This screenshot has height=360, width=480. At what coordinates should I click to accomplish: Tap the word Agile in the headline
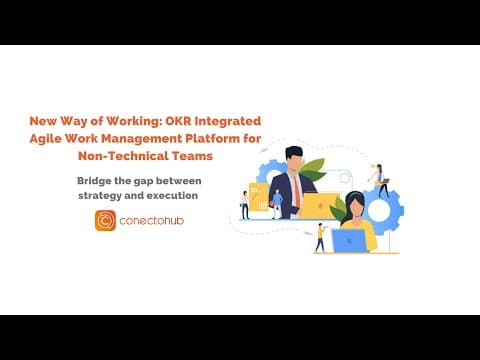click(x=45, y=139)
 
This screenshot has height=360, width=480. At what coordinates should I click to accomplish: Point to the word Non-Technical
click(x=123, y=156)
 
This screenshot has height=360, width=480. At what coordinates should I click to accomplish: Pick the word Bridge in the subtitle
click(x=94, y=181)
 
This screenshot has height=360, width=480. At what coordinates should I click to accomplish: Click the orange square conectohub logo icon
click(x=105, y=220)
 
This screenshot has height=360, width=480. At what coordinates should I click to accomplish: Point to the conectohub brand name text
click(x=152, y=221)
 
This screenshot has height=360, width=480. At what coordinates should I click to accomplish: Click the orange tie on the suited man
click(x=296, y=191)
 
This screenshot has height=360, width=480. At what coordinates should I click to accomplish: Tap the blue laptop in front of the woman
click(x=349, y=241)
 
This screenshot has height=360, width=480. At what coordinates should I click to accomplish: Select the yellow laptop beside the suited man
click(x=320, y=206)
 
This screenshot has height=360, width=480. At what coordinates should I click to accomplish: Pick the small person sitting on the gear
click(x=380, y=181)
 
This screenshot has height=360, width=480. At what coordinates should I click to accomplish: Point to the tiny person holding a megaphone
click(x=321, y=238)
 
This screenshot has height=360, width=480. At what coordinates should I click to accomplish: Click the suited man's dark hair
click(x=293, y=152)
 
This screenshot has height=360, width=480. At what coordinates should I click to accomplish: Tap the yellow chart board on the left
click(x=259, y=197)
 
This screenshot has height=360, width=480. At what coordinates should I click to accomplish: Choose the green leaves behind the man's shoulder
click(x=312, y=169)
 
